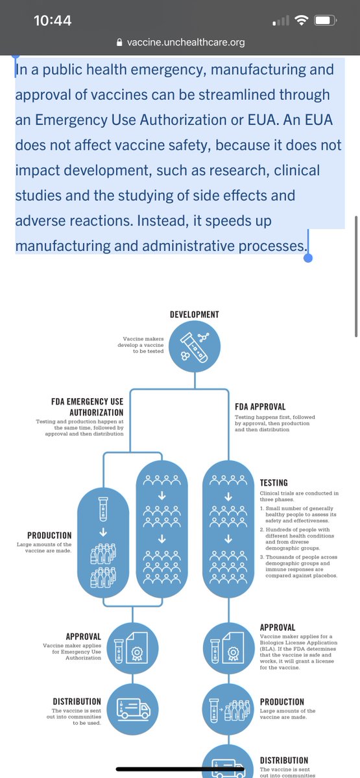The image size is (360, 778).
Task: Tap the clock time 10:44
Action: pos(53,21)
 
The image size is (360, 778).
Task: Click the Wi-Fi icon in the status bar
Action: pos(301,21)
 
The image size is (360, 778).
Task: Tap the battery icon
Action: pos(325,21)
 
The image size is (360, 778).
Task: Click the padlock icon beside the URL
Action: pos(119,42)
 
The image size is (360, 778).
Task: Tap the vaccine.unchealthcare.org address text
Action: pos(186,42)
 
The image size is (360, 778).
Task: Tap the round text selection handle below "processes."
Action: pos(308,258)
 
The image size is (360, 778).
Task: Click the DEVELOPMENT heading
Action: pos(195,314)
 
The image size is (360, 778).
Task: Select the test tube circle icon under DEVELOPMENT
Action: pos(195,347)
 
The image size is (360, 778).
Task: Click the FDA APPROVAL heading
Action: pos(260,407)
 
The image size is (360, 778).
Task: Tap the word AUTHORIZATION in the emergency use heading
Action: pos(96,412)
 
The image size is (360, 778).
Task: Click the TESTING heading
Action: pos(274,483)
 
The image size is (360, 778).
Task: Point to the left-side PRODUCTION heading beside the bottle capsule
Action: pos(49,536)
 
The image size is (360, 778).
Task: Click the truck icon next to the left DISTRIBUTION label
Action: pos(132,709)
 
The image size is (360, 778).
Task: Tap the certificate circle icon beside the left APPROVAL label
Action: pos(132,648)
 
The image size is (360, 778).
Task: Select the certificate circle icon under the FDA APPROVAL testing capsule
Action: pos(228,648)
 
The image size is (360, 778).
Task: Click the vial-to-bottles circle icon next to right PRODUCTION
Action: pos(228,709)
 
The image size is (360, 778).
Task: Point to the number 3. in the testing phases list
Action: pos(262,557)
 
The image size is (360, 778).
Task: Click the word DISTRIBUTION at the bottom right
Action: pos(284,760)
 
